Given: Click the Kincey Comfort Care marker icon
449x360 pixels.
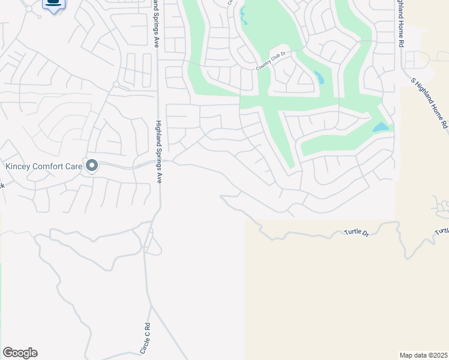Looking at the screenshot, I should pyautogui.click(x=92, y=165).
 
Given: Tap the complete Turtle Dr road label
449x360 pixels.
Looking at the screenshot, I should pyautogui.click(x=356, y=232).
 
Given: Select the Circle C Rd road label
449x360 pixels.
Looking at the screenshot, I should pyautogui.click(x=145, y=338).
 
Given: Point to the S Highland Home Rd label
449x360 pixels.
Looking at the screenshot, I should pyautogui.click(x=430, y=103).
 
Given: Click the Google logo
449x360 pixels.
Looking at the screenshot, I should pyautogui.click(x=20, y=353).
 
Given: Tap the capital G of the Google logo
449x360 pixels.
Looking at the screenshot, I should pyautogui.click(x=8, y=352).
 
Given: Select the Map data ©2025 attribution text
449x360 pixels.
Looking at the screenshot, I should pyautogui.click(x=423, y=355).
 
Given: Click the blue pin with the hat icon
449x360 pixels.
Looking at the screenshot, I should pyautogui.click(x=54, y=4).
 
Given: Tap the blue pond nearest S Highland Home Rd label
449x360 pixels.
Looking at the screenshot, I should pyautogui.click(x=381, y=127).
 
